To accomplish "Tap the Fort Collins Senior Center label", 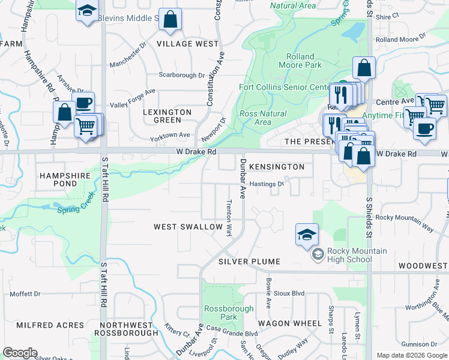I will pyautogui.click(x=288, y=87).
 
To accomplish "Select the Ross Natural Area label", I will pyautogui.click(x=263, y=118).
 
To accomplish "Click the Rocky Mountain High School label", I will pyautogui.click(x=349, y=255).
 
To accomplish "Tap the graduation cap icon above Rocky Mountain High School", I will pyautogui.click(x=307, y=235).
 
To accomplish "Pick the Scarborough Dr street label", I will pyautogui.click(x=182, y=75).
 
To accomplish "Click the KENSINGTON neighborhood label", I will pyautogui.click(x=277, y=166).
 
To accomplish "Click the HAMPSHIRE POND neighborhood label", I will pyautogui.click(x=65, y=180).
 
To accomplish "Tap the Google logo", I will pyautogui.click(x=20, y=353).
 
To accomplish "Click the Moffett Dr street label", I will pyautogui.click(x=25, y=294).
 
